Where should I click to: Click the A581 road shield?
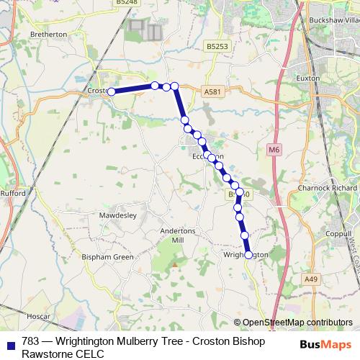(x=212, y=92)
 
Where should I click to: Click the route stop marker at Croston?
(x=112, y=91)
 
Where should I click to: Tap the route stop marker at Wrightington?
(x=249, y=254)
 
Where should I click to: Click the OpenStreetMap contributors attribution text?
(x=297, y=323)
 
